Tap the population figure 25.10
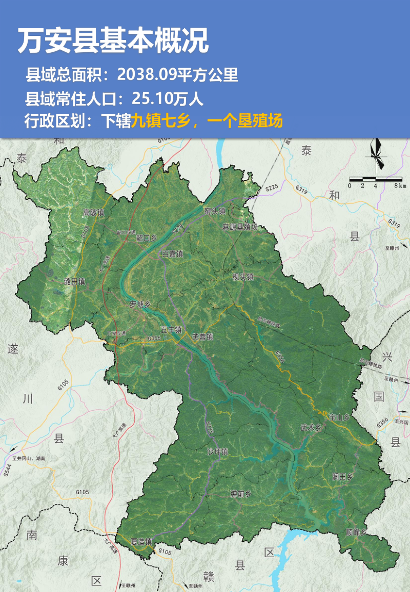tap(150, 98)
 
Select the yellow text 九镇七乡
tap(161, 121)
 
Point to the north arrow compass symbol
tap(377, 155)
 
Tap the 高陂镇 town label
tap(93, 213)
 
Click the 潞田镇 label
tap(74, 281)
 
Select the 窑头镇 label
tap(215, 211)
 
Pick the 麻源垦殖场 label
tap(240, 227)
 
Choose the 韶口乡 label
tap(146, 238)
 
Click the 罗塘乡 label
tap(140, 304)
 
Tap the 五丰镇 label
tap(171, 330)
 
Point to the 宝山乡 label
tap(340, 417)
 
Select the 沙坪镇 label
tap(217, 452)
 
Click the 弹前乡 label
tap(240, 494)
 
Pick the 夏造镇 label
tap(141, 541)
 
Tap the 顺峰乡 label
tap(356, 532)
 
